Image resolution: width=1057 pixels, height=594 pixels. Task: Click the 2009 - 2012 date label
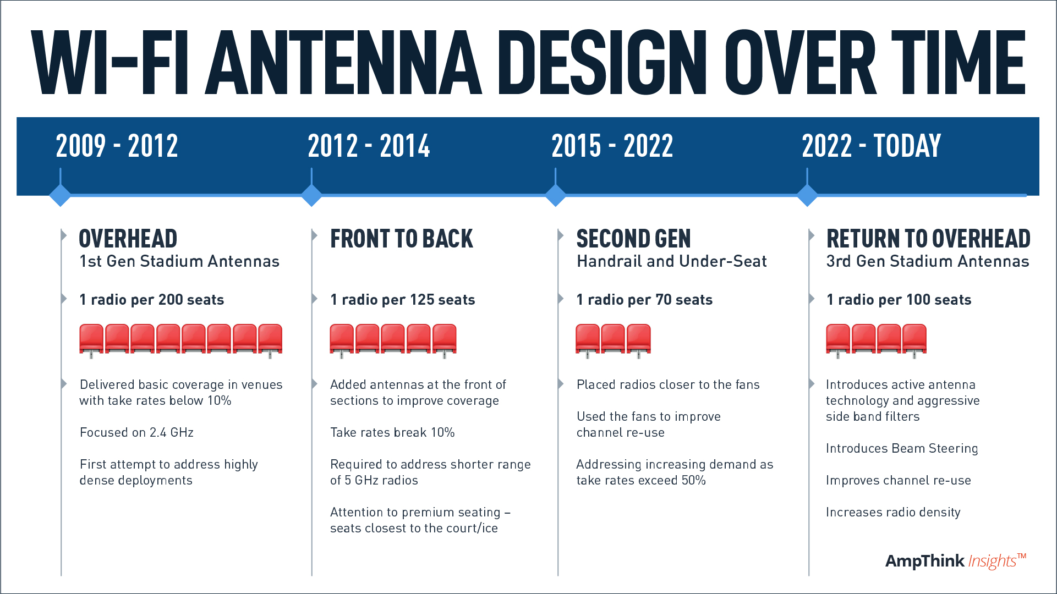coord(117,146)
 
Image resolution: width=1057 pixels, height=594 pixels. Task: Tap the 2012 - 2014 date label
coord(369,146)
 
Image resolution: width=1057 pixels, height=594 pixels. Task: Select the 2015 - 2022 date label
coord(612,146)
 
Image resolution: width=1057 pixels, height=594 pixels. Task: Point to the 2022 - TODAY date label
coord(872,146)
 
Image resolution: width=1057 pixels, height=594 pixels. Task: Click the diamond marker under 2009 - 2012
coord(60,195)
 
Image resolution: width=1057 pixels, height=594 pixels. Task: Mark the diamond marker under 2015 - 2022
coord(556,195)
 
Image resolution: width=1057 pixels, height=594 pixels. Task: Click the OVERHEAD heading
coord(128,239)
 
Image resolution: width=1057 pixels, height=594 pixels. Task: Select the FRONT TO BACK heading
coord(402,239)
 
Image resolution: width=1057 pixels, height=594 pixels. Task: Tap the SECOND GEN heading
coord(633,239)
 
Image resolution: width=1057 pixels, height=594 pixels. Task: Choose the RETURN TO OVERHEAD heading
coord(928,239)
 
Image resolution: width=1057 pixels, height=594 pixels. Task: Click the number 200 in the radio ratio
coord(171,300)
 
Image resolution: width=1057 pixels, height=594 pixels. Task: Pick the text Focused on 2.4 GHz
coord(136,432)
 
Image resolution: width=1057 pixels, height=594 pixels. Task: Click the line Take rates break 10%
coord(392,432)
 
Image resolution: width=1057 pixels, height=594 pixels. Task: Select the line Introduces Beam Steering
coord(902,449)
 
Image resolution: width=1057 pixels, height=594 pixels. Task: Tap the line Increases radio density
coord(893,513)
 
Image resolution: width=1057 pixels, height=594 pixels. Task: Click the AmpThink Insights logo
coord(956,560)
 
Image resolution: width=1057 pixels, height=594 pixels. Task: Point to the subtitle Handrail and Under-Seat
coord(672,261)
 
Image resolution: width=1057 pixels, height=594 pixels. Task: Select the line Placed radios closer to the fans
coord(668,384)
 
